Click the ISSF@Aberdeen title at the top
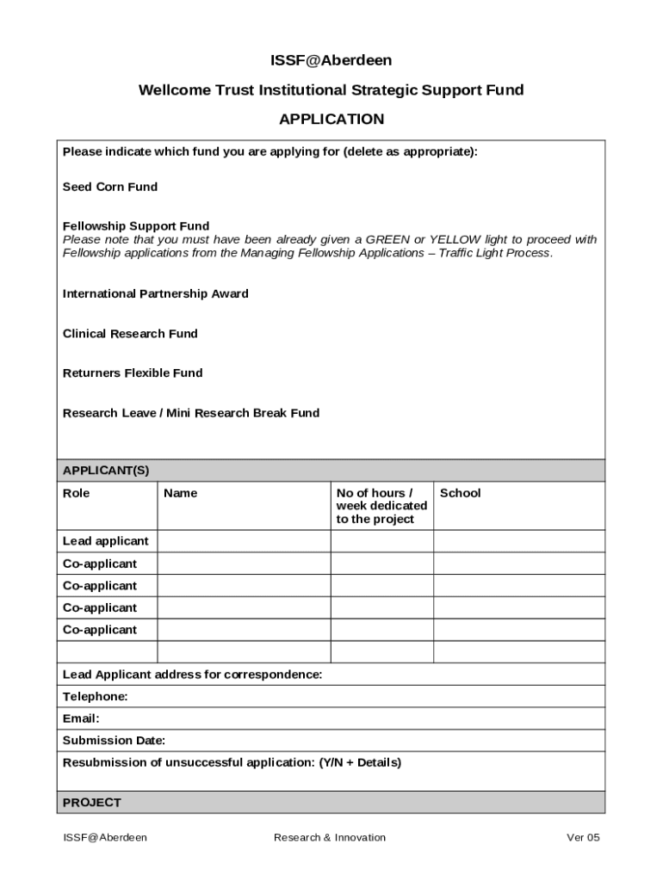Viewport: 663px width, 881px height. click(331, 60)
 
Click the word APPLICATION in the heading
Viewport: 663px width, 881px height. click(331, 119)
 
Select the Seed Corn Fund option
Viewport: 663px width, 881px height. click(110, 187)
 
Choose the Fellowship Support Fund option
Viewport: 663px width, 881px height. click(136, 226)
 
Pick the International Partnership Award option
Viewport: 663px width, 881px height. click(156, 293)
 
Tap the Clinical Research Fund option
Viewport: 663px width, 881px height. click(130, 333)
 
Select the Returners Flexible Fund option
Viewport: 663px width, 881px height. click(133, 373)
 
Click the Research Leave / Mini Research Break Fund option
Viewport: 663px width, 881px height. click(191, 413)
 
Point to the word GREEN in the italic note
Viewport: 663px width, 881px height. click(387, 239)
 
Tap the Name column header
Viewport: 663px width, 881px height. click(180, 493)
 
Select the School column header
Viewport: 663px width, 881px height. click(460, 493)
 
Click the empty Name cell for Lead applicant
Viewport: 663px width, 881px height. click(244, 541)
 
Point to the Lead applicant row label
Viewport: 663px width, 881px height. click(106, 541)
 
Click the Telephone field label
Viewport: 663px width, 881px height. click(96, 696)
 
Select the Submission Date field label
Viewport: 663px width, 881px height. click(115, 741)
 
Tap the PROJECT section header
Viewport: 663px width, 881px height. click(92, 803)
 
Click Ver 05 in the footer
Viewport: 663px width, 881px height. click(583, 837)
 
